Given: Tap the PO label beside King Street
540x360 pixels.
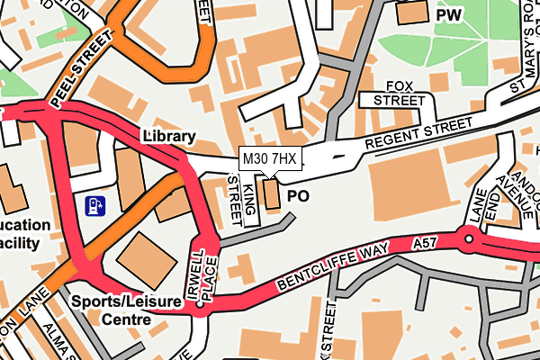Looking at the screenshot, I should [x=297, y=195].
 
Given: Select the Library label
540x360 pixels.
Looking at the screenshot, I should [x=168, y=137].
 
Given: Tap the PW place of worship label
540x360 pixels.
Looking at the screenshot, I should [x=449, y=15].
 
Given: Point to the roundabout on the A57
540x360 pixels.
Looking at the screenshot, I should [x=468, y=240].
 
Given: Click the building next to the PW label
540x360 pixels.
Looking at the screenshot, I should [x=413, y=13].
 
